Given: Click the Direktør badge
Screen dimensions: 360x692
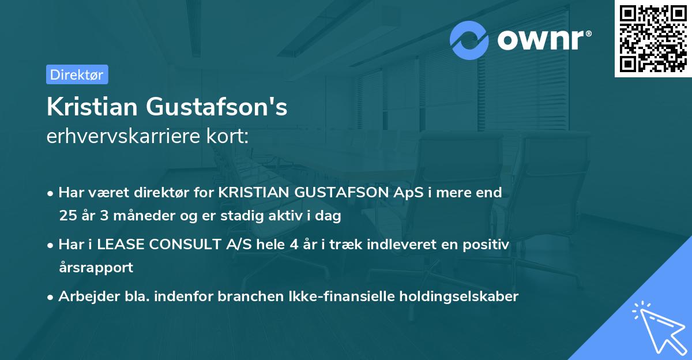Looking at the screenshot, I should pos(77,74).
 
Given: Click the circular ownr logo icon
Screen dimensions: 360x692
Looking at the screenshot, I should pos(469,40).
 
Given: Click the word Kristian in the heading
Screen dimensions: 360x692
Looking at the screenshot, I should pos(92,107).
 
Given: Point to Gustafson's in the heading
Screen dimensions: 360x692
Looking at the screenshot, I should pos(216,107).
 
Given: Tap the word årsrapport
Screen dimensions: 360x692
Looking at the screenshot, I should pos(96,268).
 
